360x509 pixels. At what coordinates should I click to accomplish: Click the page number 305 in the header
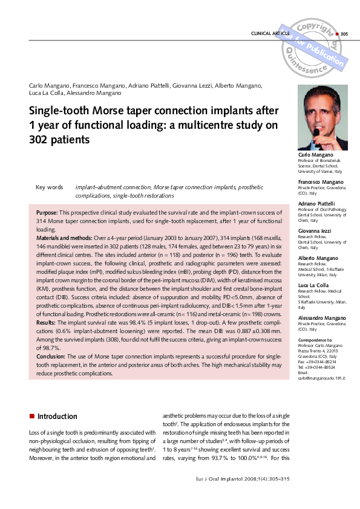pos(345,33)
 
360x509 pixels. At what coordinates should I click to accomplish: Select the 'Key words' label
pos(50,187)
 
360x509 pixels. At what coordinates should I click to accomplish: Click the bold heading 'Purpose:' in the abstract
pos(47,214)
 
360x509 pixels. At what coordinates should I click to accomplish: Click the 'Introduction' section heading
pos(57,416)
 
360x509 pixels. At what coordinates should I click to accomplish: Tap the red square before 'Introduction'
pos(31,417)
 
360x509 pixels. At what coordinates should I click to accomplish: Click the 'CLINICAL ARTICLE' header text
pos(270,33)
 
